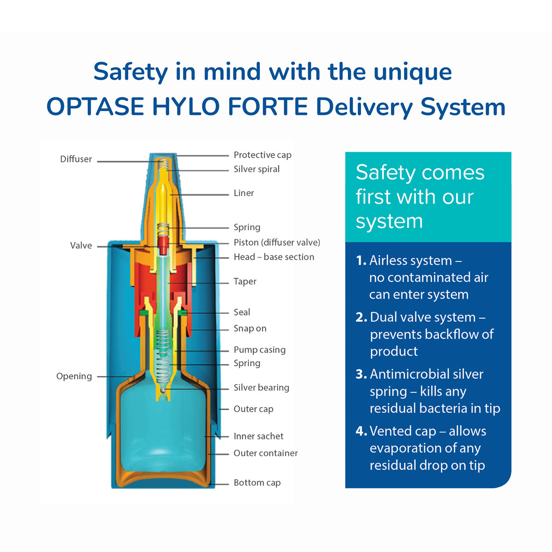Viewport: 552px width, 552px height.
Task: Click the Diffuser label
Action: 76,159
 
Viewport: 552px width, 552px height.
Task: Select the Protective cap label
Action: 262,155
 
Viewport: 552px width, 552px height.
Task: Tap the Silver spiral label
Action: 256,169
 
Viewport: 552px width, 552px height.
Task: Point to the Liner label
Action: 243,193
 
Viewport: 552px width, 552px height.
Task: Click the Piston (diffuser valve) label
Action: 276,242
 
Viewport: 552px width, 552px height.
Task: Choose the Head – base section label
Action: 274,257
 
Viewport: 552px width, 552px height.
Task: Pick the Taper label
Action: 245,282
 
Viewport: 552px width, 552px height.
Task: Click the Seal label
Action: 241,312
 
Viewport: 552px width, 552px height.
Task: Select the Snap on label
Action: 250,328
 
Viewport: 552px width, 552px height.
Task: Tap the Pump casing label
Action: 259,350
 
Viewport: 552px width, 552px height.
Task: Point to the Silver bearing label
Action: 261,388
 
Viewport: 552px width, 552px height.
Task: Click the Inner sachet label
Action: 258,436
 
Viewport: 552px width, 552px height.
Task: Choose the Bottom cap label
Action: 257,483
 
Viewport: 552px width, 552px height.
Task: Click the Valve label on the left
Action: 81,246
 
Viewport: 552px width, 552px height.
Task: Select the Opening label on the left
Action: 74,376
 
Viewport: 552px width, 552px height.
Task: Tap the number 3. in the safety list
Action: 361,374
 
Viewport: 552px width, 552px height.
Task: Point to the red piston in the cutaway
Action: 163,245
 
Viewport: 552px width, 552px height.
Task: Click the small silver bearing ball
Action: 163,390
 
